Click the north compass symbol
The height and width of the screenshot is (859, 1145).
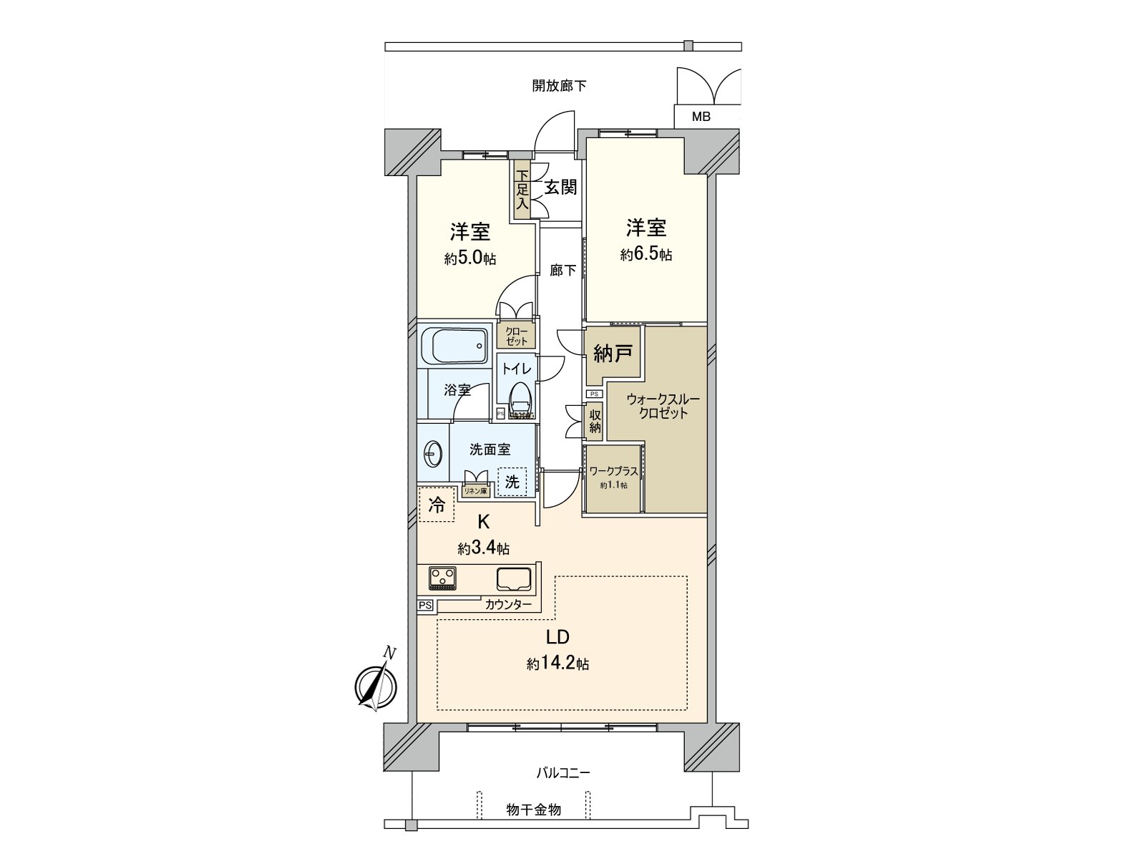(375, 685)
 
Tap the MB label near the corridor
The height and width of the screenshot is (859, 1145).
(701, 117)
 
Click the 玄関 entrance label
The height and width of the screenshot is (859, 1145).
(560, 188)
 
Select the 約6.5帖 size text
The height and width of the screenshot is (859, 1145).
(645, 254)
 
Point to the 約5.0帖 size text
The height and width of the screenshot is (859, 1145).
(469, 258)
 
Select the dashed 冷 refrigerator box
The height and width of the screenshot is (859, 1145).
(437, 505)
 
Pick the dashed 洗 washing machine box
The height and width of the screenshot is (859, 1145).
(512, 482)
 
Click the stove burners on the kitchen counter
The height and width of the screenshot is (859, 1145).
(442, 577)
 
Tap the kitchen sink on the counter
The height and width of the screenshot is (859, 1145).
(514, 578)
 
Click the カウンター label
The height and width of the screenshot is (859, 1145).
(508, 605)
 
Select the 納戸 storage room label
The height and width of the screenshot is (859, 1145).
(612, 354)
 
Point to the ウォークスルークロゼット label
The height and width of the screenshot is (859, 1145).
(663, 406)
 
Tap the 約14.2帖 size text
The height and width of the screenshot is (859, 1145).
(557, 664)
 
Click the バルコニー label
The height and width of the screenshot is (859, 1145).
(563, 773)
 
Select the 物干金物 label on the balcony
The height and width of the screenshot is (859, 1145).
(533, 810)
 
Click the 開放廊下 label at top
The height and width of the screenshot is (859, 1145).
(559, 86)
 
